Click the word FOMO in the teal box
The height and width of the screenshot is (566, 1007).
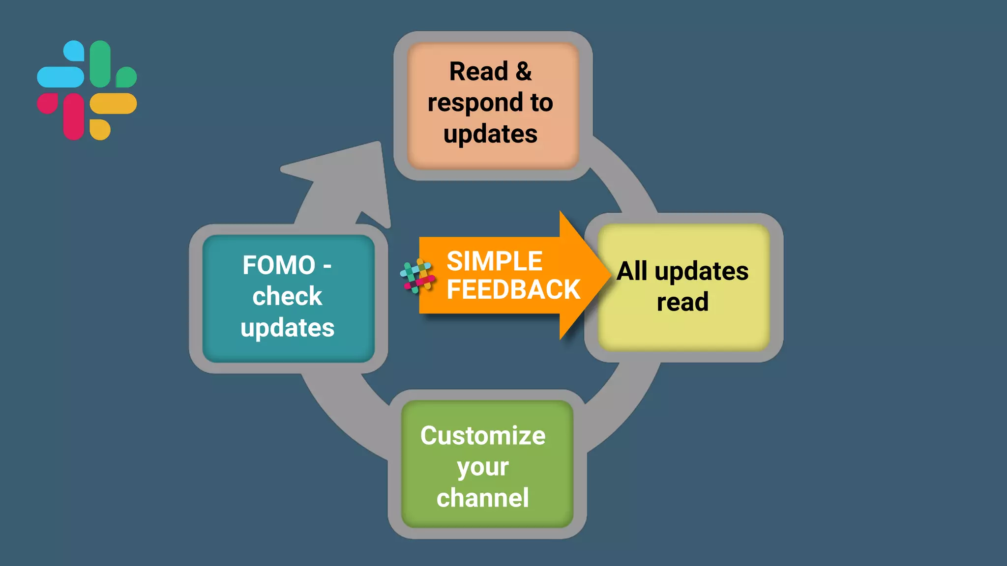[279, 265]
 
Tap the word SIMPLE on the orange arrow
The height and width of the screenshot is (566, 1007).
[494, 261]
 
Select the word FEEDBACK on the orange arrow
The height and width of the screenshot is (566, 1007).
[513, 289]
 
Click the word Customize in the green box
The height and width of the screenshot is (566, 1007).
[483, 436]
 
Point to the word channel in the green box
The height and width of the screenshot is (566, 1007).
[483, 498]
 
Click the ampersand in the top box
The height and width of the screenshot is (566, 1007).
[524, 72]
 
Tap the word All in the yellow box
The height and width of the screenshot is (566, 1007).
[632, 271]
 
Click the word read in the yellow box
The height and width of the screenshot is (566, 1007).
[682, 302]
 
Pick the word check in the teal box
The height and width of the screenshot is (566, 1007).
[287, 296]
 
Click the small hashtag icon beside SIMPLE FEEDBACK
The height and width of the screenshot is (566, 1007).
[417, 276]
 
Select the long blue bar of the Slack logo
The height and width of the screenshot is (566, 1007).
[60, 77]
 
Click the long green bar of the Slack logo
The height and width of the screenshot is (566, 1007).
[100, 64]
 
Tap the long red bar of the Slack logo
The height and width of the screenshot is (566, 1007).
[74, 116]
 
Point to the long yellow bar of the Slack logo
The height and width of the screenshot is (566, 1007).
[113, 104]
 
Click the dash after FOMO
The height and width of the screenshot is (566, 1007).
[327, 267]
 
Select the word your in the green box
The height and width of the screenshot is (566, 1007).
[483, 467]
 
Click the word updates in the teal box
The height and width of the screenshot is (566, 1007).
[287, 328]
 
